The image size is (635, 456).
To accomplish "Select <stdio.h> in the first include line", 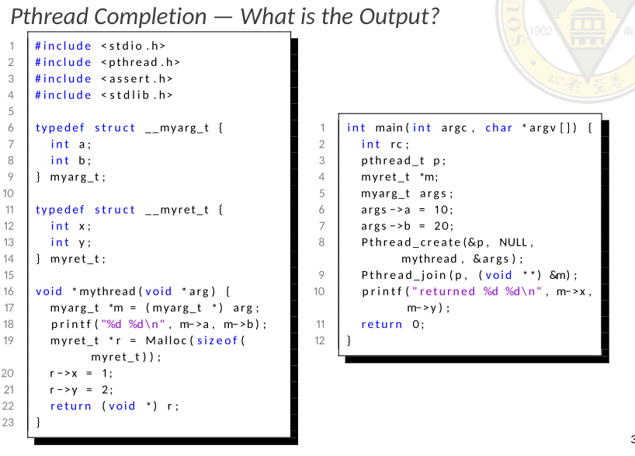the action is pyautogui.click(x=133, y=46).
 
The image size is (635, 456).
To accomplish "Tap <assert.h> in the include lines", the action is pyautogui.click(x=137, y=78).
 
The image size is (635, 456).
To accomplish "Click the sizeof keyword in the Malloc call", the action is pyautogui.click(x=220, y=340).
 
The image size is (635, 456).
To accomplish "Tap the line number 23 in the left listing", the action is pyautogui.click(x=9, y=422).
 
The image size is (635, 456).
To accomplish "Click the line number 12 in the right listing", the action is pyautogui.click(x=320, y=340).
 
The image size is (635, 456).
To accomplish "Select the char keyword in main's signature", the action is pyautogui.click(x=498, y=127).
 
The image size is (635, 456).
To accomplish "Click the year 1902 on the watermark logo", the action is pyautogui.click(x=541, y=33).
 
